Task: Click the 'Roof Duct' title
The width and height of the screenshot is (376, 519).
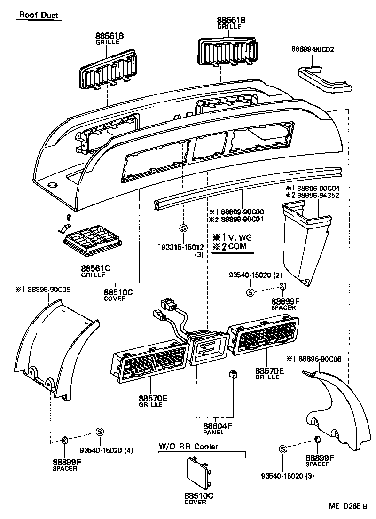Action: point(39,16)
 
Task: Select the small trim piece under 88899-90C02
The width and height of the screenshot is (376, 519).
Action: point(324,79)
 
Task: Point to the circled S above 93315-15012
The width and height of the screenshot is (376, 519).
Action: point(183,228)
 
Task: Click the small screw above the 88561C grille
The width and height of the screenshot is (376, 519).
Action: point(69,218)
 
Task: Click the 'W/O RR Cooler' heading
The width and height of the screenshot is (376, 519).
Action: point(188,447)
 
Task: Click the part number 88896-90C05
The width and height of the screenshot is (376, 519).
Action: point(43,290)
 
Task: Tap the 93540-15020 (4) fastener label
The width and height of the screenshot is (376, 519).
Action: point(106,450)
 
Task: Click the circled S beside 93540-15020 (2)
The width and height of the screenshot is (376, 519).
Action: point(250,292)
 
